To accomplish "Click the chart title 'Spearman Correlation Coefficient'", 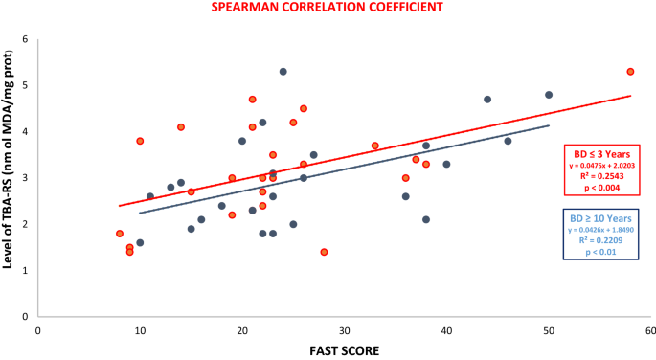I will coord(328,9).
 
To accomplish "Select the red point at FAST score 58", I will coord(630,72).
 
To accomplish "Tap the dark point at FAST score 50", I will coord(549,95).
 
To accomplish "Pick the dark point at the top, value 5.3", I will coord(283,72).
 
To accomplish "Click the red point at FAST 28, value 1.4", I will coord(324,252).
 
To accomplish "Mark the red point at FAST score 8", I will coord(120,234).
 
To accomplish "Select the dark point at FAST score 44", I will coord(487,100).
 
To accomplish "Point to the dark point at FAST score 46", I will coord(508,141).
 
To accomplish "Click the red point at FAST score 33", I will coord(375,146).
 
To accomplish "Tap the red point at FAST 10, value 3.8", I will coord(140,141).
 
